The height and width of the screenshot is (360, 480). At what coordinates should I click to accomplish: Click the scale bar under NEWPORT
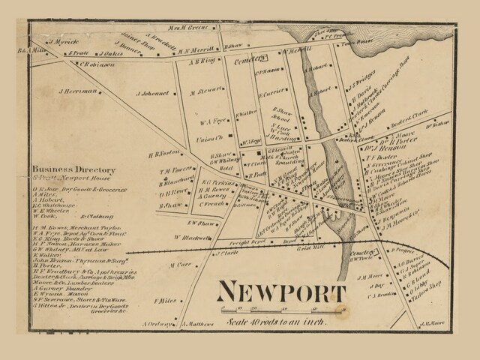pos(282,309)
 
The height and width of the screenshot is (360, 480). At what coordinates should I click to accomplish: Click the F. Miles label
pos(166,301)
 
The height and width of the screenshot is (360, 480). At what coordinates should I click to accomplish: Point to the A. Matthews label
pos(199,325)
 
